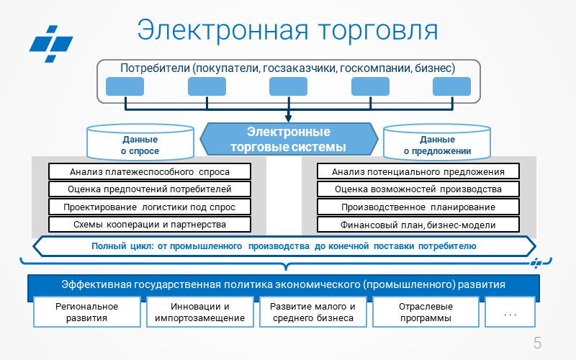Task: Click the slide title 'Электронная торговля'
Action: pos(288,30)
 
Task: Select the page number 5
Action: pos(537,343)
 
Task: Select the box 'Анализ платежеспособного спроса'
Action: pos(150,171)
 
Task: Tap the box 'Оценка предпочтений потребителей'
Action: pos(150,189)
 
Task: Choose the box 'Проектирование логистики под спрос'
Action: pos(150,207)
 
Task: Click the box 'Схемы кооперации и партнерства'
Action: pos(150,225)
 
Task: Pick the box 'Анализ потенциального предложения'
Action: pos(418,171)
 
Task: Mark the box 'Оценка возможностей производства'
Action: pos(418,189)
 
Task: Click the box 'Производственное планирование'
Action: pos(418,207)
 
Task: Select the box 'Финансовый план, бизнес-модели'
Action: pos(418,225)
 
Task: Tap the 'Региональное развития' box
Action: pos(86,312)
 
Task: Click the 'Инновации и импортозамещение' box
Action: pos(199,312)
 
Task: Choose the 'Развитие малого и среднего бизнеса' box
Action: pos(312,312)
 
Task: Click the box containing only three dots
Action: pos(511,312)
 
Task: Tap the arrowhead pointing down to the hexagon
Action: pos(288,117)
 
